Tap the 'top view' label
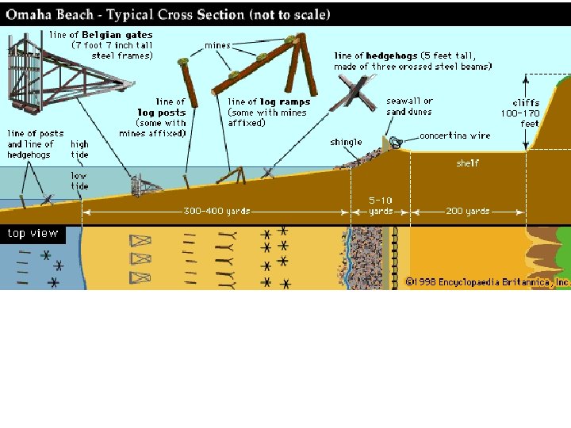coord(33,233)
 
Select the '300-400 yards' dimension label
coord(217,211)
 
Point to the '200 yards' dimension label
coord(467,211)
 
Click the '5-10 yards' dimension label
coord(381,206)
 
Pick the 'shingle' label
coord(346,143)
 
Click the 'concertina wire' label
coord(455,136)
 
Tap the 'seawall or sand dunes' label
coord(409,106)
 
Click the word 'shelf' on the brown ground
coord(467,163)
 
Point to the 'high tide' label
coord(79,149)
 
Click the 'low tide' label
coord(79,181)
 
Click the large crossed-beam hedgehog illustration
coord(353,98)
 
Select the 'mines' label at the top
coord(217,45)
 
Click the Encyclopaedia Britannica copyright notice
coord(487,281)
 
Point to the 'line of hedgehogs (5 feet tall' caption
coord(412,61)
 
